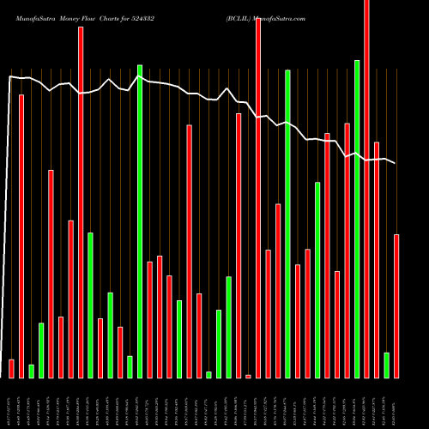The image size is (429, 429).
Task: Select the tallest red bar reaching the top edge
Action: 366,189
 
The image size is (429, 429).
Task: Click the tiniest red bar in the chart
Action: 248,376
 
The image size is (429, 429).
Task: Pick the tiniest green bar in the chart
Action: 208,374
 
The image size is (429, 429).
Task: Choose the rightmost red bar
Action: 396,305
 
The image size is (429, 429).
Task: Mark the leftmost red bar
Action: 11,368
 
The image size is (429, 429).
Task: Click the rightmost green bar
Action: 386,365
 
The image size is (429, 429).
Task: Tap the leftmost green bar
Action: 31,371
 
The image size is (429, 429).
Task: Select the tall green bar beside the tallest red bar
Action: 357,219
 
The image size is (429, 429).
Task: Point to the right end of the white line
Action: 396,163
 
